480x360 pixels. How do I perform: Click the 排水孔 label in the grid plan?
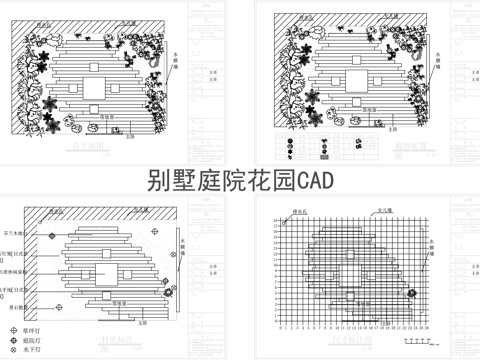[297, 212]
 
